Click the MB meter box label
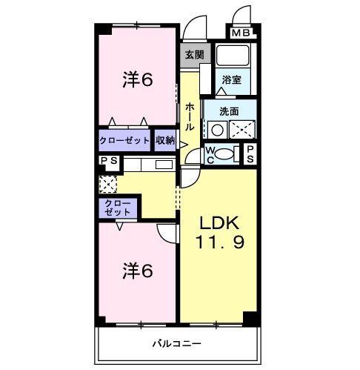(x=241, y=33)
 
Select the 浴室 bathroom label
(x=231, y=79)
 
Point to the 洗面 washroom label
(x=229, y=111)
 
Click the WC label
(x=210, y=154)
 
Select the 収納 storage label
(x=165, y=140)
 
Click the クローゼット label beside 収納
(x=125, y=140)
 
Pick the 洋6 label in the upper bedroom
(x=137, y=79)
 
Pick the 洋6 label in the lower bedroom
(x=137, y=271)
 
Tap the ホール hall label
(x=189, y=117)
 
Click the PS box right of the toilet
(x=251, y=153)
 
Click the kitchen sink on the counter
(x=163, y=165)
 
